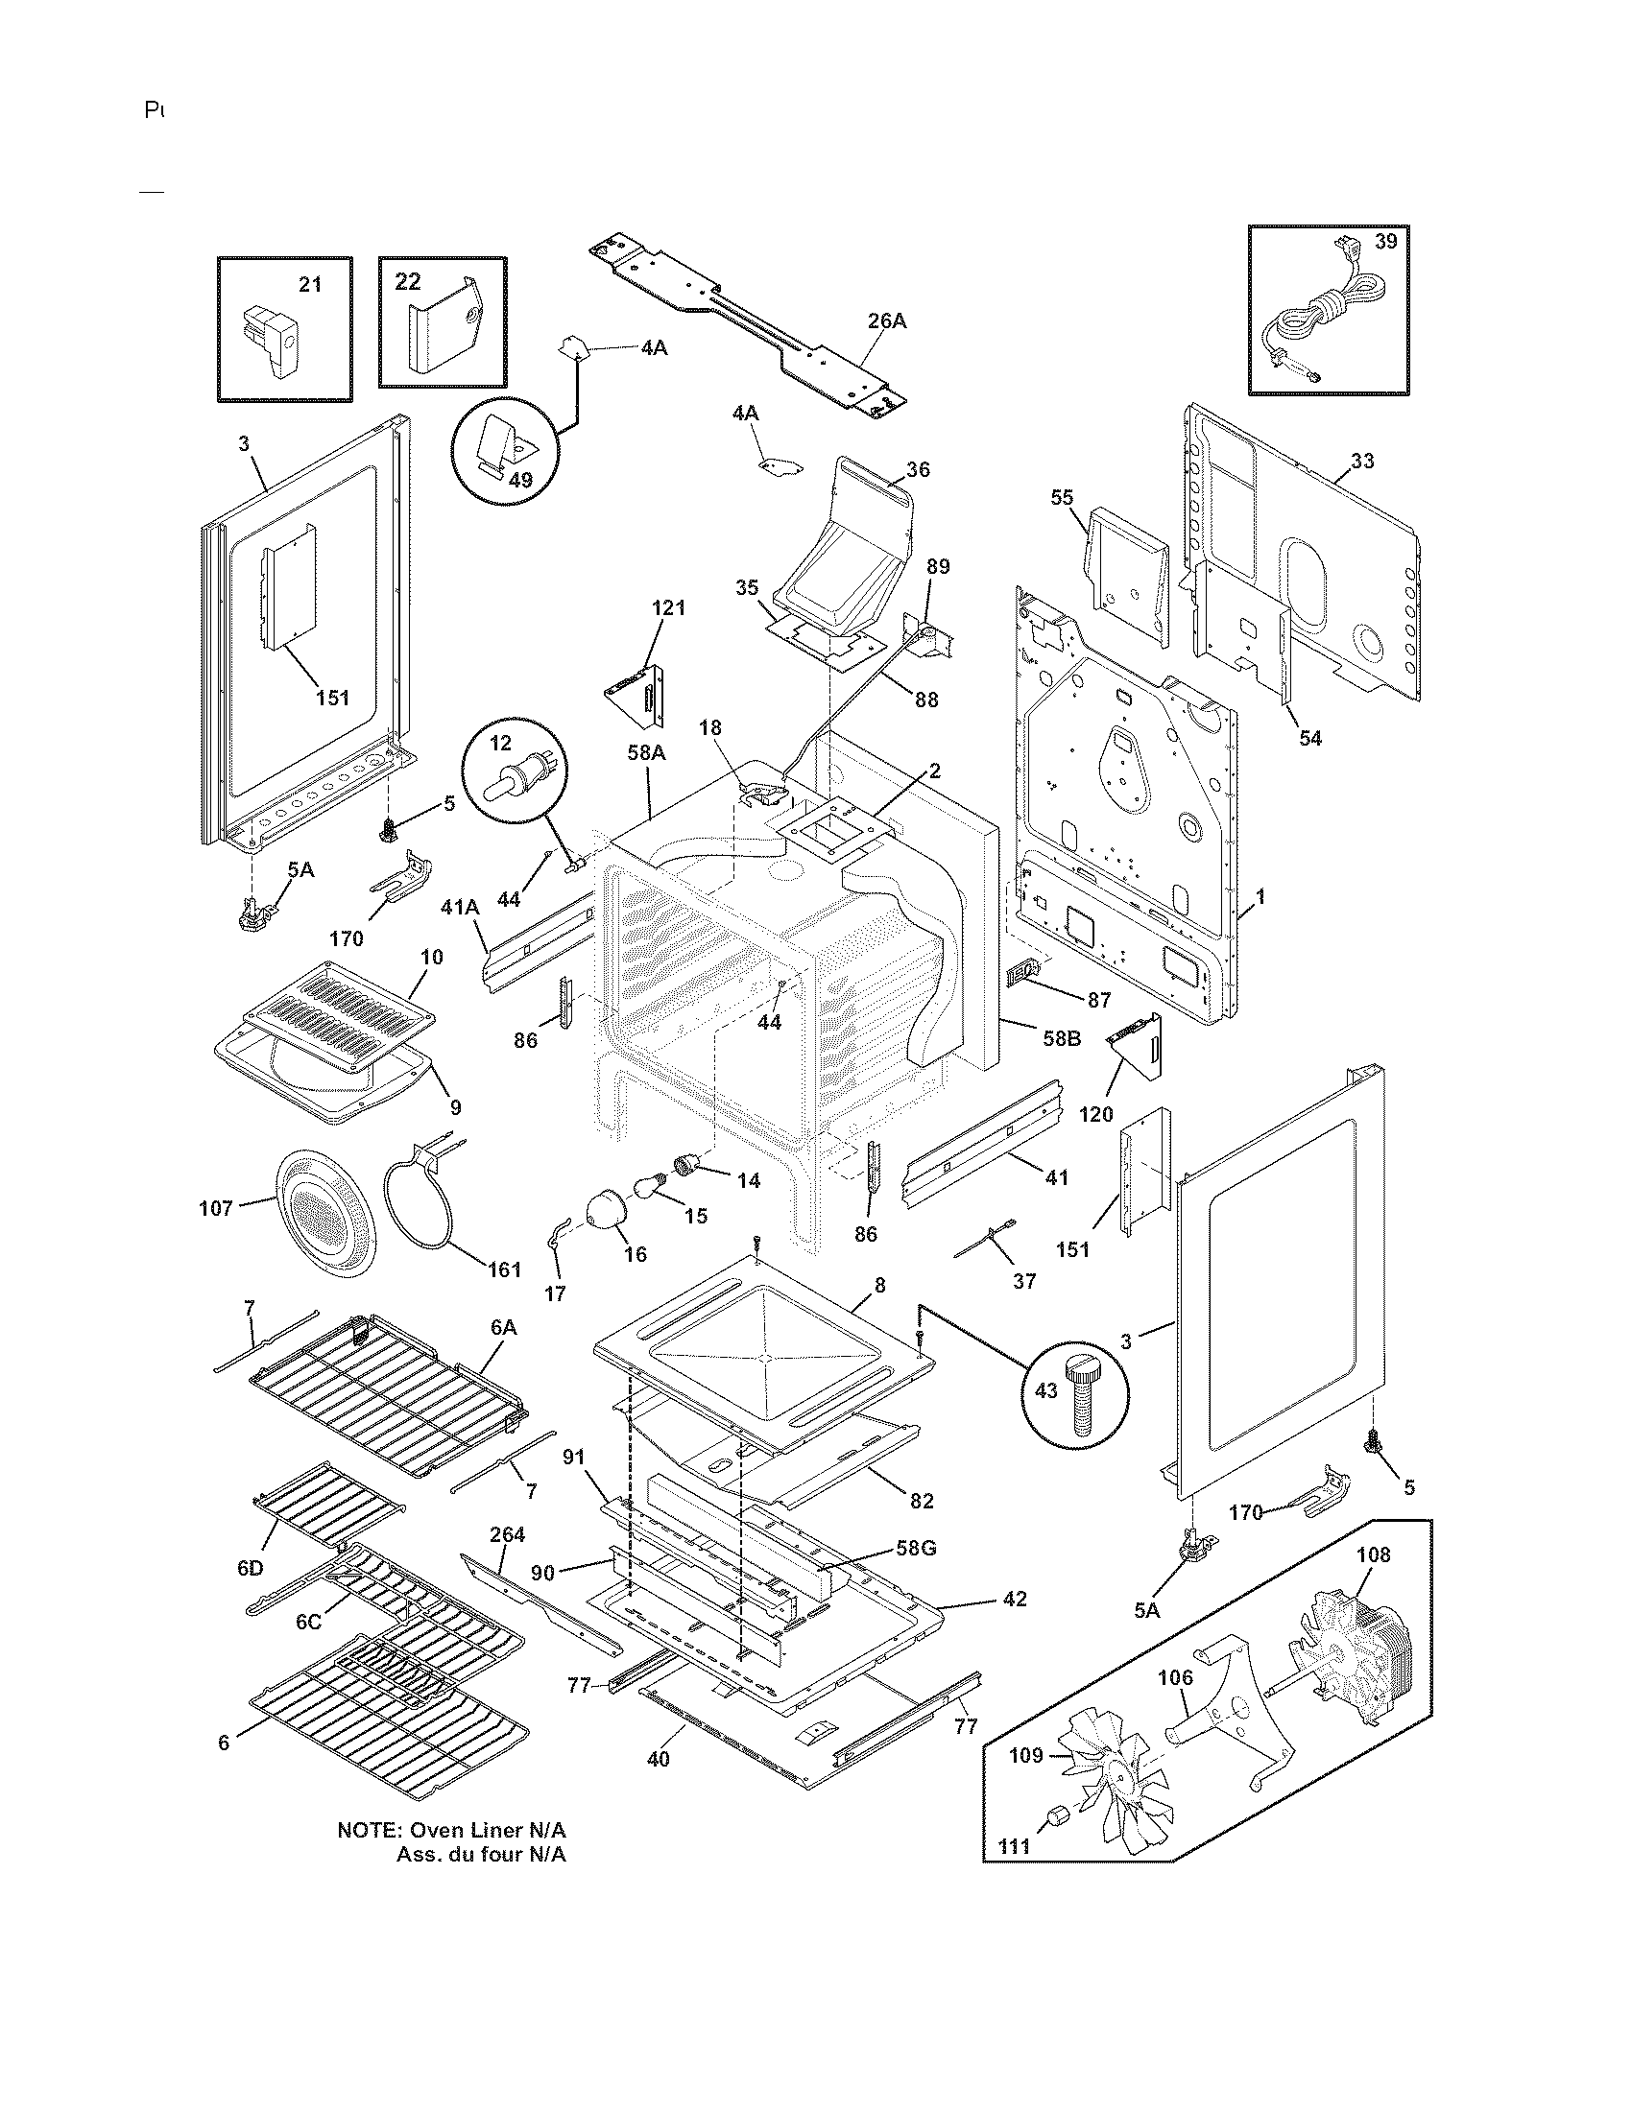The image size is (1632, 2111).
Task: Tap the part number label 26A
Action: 886,320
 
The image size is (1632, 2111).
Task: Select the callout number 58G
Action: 915,1548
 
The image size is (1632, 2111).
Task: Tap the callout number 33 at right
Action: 1361,461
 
